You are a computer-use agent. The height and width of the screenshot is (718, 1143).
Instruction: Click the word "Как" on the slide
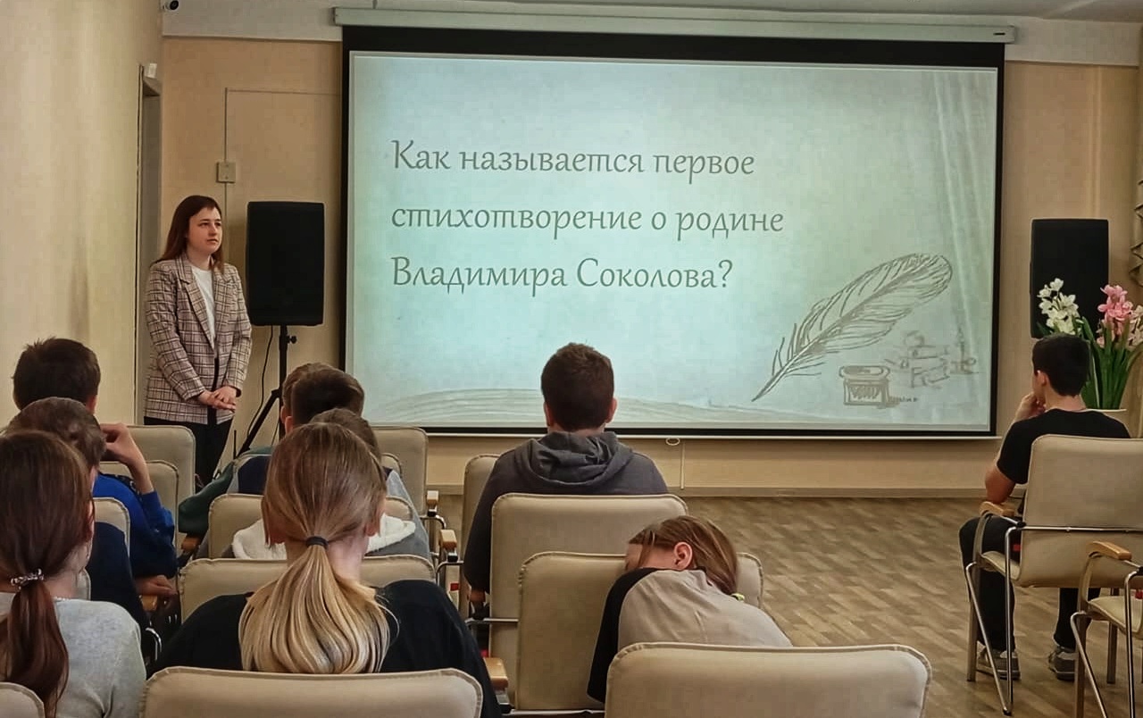click(421, 155)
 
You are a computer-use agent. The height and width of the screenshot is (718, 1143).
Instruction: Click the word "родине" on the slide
click(730, 224)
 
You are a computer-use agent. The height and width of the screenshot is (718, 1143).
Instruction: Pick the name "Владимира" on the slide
click(479, 278)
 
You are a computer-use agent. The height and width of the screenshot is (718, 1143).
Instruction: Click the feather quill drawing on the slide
click(851, 324)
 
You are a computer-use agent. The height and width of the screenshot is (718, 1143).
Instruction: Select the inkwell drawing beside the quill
click(860, 385)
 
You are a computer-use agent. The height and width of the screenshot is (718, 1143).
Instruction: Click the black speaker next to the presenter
click(285, 263)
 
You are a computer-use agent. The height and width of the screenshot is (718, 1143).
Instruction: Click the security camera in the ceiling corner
click(171, 6)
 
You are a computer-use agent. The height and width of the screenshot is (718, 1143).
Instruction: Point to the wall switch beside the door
click(226, 172)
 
